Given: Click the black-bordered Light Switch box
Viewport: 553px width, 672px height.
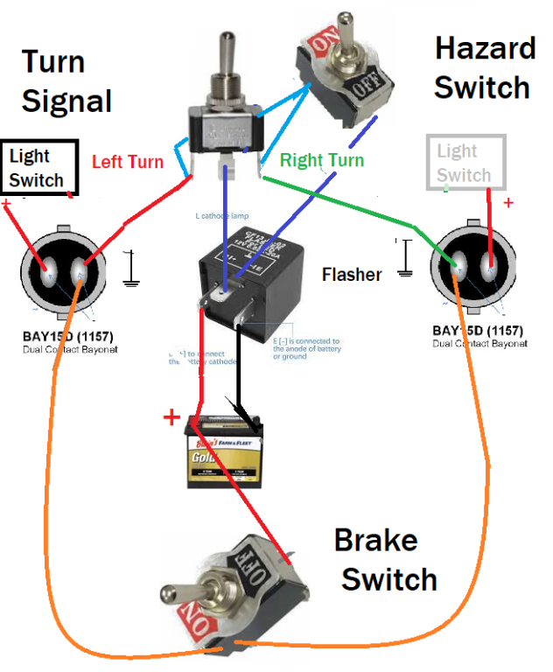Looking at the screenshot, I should [40, 168].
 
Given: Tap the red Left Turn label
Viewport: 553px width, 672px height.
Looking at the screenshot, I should [127, 162].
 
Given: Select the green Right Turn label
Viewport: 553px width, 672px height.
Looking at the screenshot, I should [321, 160].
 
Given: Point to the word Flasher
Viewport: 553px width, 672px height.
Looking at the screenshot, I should [352, 275].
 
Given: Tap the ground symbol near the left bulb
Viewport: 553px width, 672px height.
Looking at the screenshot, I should [130, 269].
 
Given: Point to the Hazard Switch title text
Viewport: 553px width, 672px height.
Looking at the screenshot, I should [484, 67].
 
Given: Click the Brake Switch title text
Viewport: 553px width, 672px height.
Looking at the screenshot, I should [382, 560].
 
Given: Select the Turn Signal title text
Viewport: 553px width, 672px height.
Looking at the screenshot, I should [66, 81].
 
